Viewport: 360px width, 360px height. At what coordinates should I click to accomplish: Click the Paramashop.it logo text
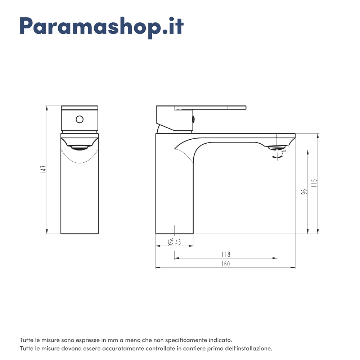(102, 26)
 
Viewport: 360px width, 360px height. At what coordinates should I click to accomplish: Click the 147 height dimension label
(43, 170)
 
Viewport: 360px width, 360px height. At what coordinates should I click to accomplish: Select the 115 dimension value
(314, 184)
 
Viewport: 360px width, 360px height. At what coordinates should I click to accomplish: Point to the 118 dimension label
(226, 255)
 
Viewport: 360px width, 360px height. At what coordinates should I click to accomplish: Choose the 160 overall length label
(225, 264)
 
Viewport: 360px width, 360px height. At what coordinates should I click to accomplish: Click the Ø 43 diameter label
(175, 242)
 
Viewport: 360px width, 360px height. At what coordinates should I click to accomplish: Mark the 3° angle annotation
(283, 153)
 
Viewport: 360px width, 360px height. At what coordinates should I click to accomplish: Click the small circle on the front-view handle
(80, 119)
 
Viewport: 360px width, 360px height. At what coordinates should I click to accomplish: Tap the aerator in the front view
(80, 147)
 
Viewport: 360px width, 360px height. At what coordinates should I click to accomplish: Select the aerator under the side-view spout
(277, 147)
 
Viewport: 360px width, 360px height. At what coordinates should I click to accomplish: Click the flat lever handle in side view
(216, 107)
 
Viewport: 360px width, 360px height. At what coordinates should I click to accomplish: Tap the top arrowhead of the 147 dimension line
(47, 108)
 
